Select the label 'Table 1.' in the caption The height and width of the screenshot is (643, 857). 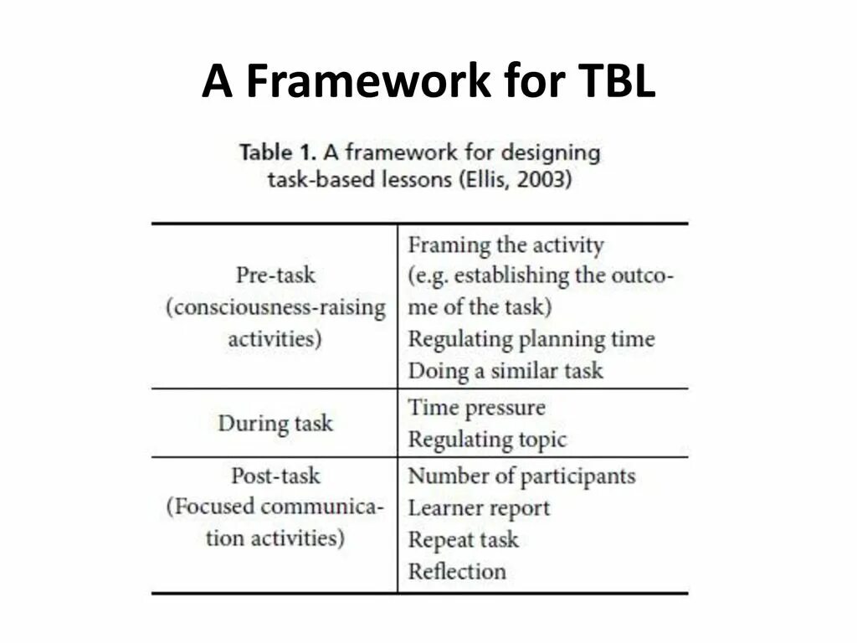277,152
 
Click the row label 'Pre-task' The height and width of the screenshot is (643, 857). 275,275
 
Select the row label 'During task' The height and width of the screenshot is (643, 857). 275,423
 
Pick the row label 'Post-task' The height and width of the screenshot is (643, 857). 275,476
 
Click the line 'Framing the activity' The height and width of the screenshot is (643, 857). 505,245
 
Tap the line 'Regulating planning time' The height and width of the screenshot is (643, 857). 531,339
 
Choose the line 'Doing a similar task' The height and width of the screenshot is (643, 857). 505,371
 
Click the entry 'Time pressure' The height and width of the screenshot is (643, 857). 476,408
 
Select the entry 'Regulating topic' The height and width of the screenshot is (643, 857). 487,439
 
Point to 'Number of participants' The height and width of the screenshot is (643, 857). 521,476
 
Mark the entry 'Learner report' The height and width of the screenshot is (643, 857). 479,508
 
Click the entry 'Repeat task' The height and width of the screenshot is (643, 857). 463,540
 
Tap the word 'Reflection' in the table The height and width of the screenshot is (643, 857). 457,572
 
